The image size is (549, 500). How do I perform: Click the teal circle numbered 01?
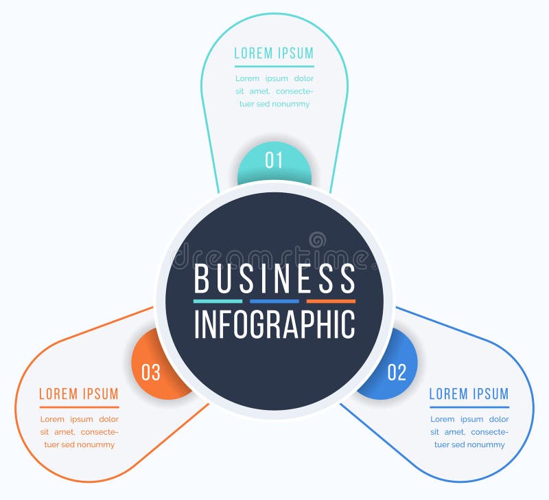click(x=274, y=161)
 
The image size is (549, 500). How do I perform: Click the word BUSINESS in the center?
click(x=274, y=279)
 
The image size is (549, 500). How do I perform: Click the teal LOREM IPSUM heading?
click(x=274, y=54)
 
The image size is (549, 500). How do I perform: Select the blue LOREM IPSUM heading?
click(x=469, y=394)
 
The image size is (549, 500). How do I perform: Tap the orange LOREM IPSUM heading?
click(x=79, y=394)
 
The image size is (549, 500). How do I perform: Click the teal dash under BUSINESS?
click(x=218, y=301)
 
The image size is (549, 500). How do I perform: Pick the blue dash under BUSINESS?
click(x=274, y=301)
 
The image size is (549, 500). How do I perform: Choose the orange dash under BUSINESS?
click(x=331, y=301)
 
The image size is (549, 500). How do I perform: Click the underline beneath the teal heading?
click(x=274, y=67)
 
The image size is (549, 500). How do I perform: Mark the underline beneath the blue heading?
click(x=469, y=407)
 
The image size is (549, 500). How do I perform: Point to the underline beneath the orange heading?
click(x=79, y=407)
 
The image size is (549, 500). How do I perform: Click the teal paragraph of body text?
click(x=274, y=91)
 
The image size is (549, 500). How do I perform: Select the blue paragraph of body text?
click(x=469, y=432)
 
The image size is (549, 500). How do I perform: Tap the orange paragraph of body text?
click(x=79, y=432)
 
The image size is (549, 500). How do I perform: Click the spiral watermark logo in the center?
click(x=317, y=240)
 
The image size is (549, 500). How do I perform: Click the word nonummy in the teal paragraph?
click(x=291, y=104)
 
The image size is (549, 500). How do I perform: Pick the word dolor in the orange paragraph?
click(x=108, y=419)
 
